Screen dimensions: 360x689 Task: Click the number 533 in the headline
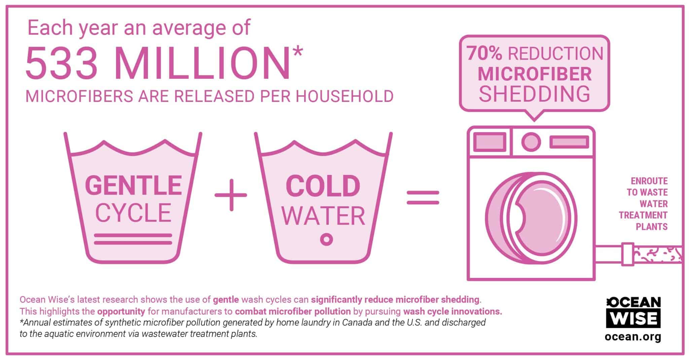pos(62,64)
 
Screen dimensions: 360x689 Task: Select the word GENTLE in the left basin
pos(133,185)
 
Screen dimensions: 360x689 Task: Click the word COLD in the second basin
pos(323,186)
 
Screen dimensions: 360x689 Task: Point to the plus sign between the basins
pos(231,195)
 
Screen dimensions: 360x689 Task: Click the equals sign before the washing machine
pos(423,197)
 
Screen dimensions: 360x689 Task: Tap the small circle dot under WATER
pos(326,239)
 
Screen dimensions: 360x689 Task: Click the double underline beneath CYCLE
pos(133,239)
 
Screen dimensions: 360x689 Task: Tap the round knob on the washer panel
pos(531,142)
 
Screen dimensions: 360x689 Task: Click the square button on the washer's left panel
pos(489,142)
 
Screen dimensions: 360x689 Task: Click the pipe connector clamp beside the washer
pos(627,254)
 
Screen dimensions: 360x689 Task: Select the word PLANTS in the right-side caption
pos(651,227)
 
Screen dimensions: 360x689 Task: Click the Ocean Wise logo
pos(633,312)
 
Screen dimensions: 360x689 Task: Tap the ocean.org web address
pos(633,336)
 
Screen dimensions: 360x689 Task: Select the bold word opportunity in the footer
pos(121,311)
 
